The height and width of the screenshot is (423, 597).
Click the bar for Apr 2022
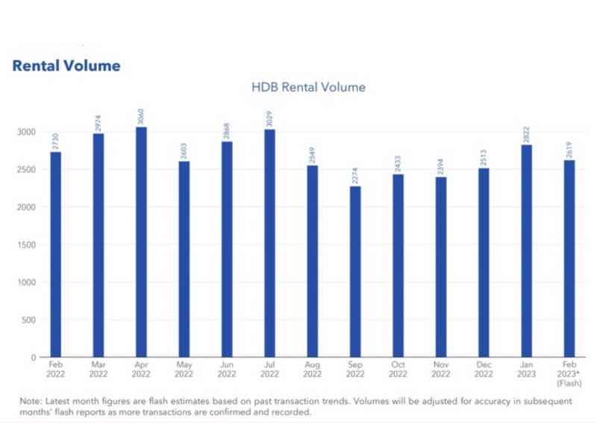[x=141, y=242]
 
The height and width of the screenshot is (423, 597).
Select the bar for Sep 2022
[x=355, y=272]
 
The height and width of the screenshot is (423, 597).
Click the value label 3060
[x=141, y=117]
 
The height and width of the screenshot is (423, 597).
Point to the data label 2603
[x=184, y=151]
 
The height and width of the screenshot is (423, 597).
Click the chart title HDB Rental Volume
[x=308, y=87]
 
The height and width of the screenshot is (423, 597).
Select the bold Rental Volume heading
[x=66, y=66]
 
